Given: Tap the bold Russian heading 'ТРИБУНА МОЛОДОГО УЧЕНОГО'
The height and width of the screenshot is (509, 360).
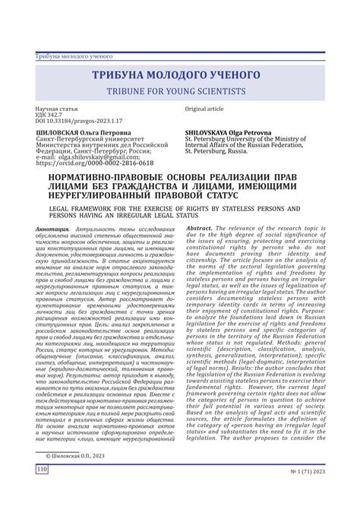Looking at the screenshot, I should (179, 76).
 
